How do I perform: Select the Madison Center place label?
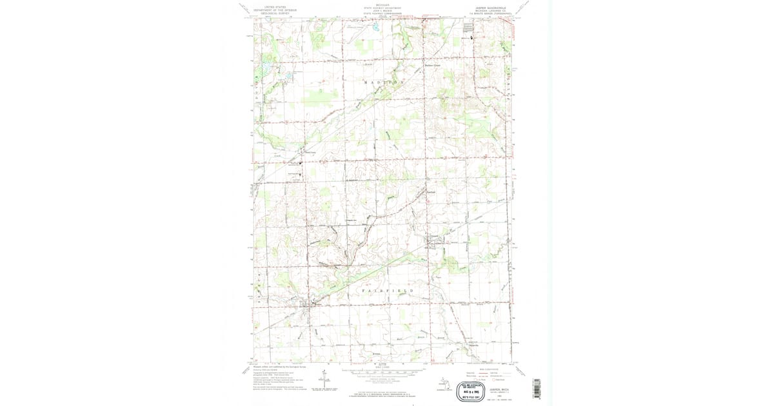click(x=432, y=65)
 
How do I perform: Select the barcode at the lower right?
click(x=536, y=386)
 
